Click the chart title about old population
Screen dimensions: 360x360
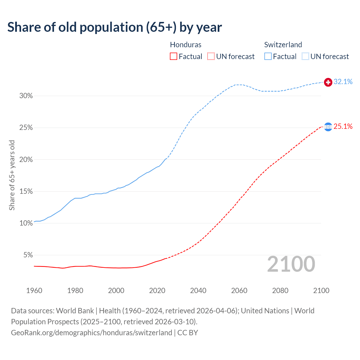tap(114, 27)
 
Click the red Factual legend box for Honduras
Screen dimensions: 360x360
tap(174, 57)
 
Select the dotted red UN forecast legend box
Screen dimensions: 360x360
tap(211, 57)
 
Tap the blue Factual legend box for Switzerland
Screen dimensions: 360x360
tap(268, 57)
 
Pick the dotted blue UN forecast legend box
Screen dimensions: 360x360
tap(305, 57)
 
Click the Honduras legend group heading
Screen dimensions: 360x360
tap(186, 45)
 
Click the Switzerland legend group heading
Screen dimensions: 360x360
tap(283, 45)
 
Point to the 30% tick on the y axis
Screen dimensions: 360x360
tap(26, 96)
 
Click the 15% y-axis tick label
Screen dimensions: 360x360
tap(26, 192)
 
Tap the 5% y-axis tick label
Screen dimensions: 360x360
tap(28, 255)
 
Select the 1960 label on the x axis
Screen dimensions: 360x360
tap(34, 291)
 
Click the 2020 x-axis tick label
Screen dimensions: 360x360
tap(157, 291)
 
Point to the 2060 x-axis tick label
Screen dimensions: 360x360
tap(239, 291)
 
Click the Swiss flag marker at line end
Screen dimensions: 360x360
tap(328, 82)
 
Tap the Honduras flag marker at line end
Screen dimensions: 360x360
tap(328, 127)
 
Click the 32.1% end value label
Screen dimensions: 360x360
tap(343, 82)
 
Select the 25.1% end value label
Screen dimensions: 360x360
tap(343, 127)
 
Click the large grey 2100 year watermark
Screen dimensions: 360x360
tap(291, 264)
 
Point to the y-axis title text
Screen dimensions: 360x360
tap(12, 175)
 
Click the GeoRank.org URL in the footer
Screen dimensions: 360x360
tap(91, 333)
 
